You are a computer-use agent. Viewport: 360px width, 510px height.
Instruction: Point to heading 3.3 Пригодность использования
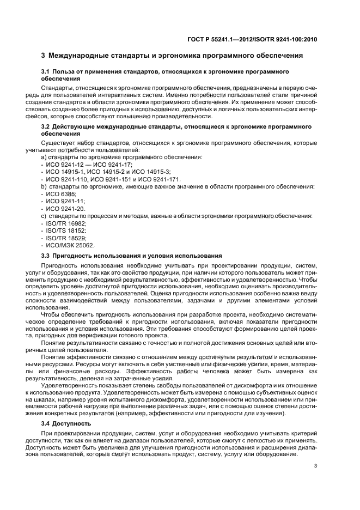coord(131,256)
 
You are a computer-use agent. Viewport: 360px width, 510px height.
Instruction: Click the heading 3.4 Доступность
coord(68,423)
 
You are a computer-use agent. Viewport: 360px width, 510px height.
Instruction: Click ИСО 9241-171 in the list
coord(159,179)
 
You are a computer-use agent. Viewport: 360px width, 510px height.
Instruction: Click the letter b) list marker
coord(44,186)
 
